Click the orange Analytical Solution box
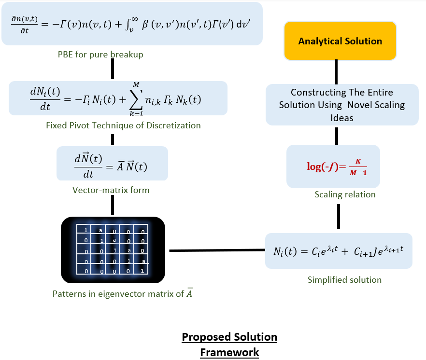pos(340,41)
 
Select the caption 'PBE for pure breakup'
pos(100,55)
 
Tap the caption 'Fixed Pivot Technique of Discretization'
pos(123,125)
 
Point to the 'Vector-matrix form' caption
pos(111,190)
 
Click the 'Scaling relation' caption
pos(345,194)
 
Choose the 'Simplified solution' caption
pos(344,280)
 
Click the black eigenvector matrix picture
pos(113,249)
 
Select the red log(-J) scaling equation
pos(337,166)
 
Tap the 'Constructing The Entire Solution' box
pos(341,105)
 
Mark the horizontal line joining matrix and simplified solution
pos(217,250)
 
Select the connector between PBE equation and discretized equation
pos(113,70)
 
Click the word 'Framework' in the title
pos(229,352)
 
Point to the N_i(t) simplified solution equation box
pos(339,251)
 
